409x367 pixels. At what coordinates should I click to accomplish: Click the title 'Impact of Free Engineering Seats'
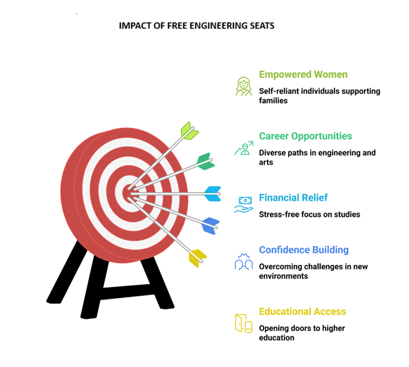196,26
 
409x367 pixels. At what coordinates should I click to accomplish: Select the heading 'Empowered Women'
303,75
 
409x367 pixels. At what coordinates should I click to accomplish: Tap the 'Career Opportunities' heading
306,136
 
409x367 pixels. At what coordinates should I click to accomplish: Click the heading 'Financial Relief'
293,198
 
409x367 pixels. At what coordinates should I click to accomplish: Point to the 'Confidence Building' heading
304,250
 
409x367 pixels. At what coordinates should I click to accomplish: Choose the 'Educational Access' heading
303,311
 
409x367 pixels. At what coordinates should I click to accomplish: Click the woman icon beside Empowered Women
243,86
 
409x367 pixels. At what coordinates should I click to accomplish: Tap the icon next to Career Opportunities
243,148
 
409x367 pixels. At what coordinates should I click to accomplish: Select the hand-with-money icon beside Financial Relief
243,204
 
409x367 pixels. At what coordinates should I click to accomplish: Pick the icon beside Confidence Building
243,261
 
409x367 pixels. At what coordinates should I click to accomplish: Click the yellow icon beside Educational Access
243,323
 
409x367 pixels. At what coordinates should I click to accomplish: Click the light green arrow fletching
189,131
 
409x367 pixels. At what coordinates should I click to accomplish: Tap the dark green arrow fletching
204,161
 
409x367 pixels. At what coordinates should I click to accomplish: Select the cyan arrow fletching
212,194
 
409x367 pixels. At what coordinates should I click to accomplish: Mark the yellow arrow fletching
197,257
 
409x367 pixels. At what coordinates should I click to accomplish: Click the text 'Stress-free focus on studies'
309,214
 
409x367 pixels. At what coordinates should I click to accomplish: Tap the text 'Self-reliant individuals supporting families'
319,96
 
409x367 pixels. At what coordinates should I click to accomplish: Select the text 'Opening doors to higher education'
302,333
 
